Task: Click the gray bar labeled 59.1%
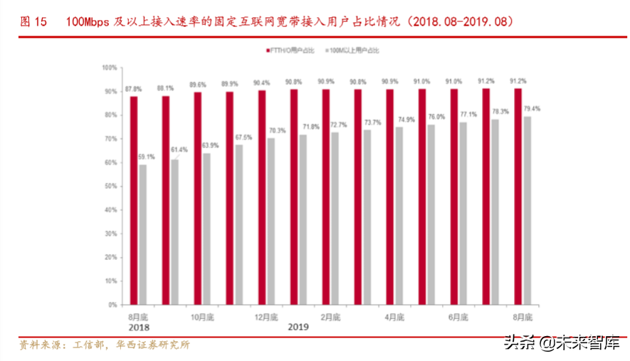tap(143, 234)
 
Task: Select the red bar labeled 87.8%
tap(133, 200)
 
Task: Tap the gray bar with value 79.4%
tap(527, 210)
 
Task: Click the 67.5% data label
tap(243, 137)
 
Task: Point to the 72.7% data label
tap(339, 125)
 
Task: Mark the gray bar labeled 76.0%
tap(431, 214)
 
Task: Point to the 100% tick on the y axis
tap(109, 68)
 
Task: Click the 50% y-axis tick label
tap(110, 186)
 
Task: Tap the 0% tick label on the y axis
tap(112, 305)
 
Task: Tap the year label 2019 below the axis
tap(298, 327)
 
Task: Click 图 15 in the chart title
tap(33, 21)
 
